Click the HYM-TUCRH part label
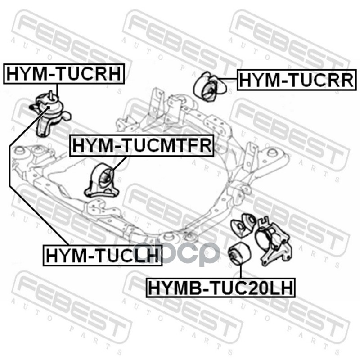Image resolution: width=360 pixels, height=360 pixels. click(64, 74)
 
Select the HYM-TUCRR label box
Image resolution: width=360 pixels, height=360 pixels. click(297, 80)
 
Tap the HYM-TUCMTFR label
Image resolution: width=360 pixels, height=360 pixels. click(142, 145)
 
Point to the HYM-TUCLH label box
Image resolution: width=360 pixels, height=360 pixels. click(103, 255)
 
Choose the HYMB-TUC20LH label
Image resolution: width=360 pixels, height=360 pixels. click(220, 288)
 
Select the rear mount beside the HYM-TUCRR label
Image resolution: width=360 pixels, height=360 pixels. click(210, 87)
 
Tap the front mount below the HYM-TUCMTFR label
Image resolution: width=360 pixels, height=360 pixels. click(102, 181)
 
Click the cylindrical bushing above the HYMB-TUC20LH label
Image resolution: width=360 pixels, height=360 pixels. click(240, 253)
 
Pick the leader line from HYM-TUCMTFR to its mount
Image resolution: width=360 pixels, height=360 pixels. click(119, 163)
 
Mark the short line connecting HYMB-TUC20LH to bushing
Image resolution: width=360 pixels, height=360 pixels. click(240, 271)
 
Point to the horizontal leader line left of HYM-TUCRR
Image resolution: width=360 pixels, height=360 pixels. click(228, 78)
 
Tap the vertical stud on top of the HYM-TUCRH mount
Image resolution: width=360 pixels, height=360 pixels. click(51, 95)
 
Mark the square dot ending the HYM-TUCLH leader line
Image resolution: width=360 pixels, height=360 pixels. click(48, 107)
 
